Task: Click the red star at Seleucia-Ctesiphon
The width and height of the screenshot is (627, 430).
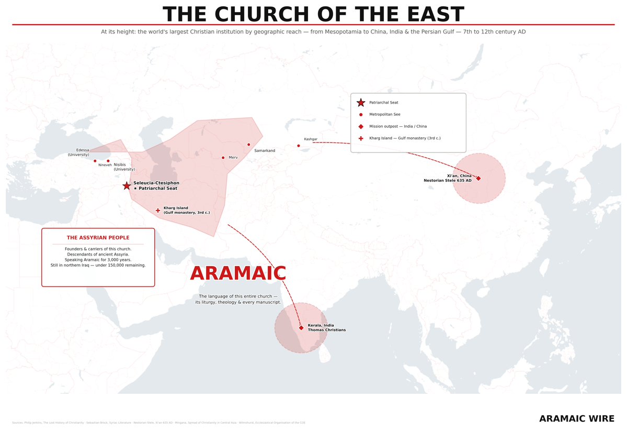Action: click(x=127, y=186)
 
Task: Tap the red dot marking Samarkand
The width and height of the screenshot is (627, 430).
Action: click(x=248, y=145)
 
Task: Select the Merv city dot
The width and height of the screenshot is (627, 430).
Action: click(x=223, y=158)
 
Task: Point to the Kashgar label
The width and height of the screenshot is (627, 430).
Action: click(x=311, y=139)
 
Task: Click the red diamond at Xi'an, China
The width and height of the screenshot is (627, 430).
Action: click(x=478, y=179)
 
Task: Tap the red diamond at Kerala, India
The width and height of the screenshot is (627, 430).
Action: click(x=301, y=328)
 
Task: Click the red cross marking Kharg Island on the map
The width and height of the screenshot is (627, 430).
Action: click(x=158, y=211)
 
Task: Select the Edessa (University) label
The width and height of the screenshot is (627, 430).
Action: click(x=78, y=152)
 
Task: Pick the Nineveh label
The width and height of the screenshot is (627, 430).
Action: click(x=105, y=165)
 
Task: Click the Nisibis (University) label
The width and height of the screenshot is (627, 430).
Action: click(x=124, y=167)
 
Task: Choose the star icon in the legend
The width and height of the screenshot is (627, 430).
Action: click(x=361, y=103)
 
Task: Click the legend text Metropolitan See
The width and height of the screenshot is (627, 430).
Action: click(x=384, y=114)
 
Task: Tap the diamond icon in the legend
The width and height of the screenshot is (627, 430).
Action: click(x=361, y=126)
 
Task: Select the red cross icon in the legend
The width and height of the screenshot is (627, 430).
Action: click(x=361, y=138)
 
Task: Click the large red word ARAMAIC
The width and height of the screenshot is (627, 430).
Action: click(x=238, y=273)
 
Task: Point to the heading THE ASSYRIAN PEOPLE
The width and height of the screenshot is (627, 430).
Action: click(x=98, y=238)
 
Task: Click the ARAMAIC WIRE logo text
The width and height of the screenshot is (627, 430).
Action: click(x=576, y=418)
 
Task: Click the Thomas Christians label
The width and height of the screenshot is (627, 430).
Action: click(x=326, y=330)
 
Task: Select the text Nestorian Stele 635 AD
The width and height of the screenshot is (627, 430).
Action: click(x=447, y=180)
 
